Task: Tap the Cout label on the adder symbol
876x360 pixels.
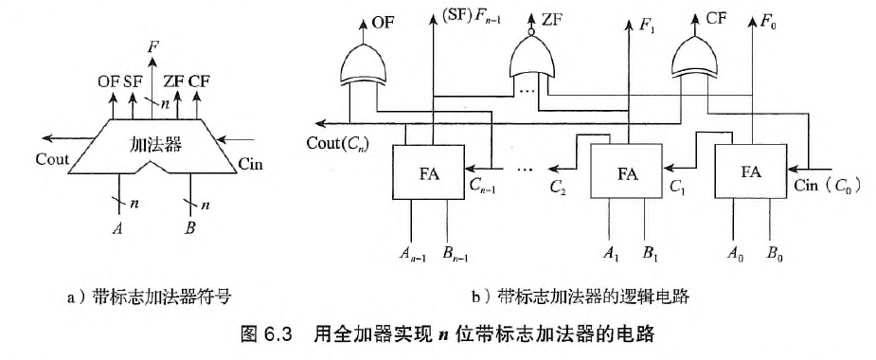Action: (x=52, y=158)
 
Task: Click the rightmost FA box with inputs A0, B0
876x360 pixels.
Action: (x=751, y=172)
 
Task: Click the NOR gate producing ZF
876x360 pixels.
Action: (x=532, y=61)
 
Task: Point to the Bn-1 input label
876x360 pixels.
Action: (x=459, y=253)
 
